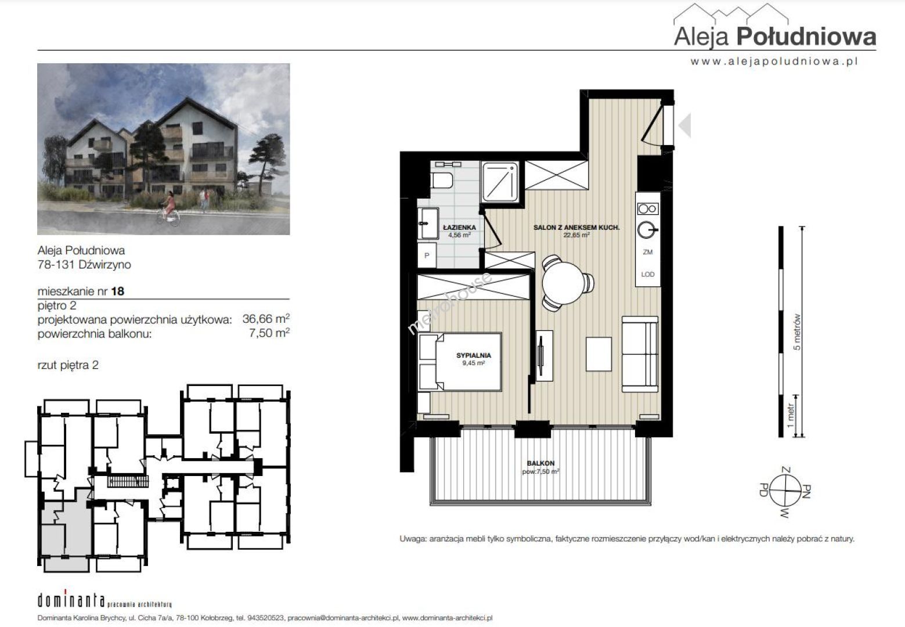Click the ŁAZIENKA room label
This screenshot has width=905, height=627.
click(x=459, y=228)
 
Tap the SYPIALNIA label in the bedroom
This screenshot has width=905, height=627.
click(x=474, y=355)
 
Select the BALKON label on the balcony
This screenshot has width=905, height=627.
click(x=540, y=463)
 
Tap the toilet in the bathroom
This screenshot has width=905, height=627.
click(x=441, y=181)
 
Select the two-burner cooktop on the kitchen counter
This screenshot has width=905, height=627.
click(x=648, y=209)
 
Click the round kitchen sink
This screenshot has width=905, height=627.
click(x=647, y=230)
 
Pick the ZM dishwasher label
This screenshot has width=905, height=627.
click(x=648, y=252)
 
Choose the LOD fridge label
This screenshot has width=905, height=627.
click(x=648, y=274)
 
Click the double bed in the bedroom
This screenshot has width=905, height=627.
click(x=460, y=362)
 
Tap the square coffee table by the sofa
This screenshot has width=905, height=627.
click(x=598, y=354)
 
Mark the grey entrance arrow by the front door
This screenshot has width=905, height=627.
click(x=685, y=125)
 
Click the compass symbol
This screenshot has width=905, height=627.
click(x=785, y=492)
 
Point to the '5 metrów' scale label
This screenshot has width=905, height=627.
click(x=796, y=332)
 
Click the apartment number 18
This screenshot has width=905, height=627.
click(x=118, y=291)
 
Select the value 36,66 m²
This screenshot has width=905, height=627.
click(x=266, y=319)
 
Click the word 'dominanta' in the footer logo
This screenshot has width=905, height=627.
click(x=71, y=601)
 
